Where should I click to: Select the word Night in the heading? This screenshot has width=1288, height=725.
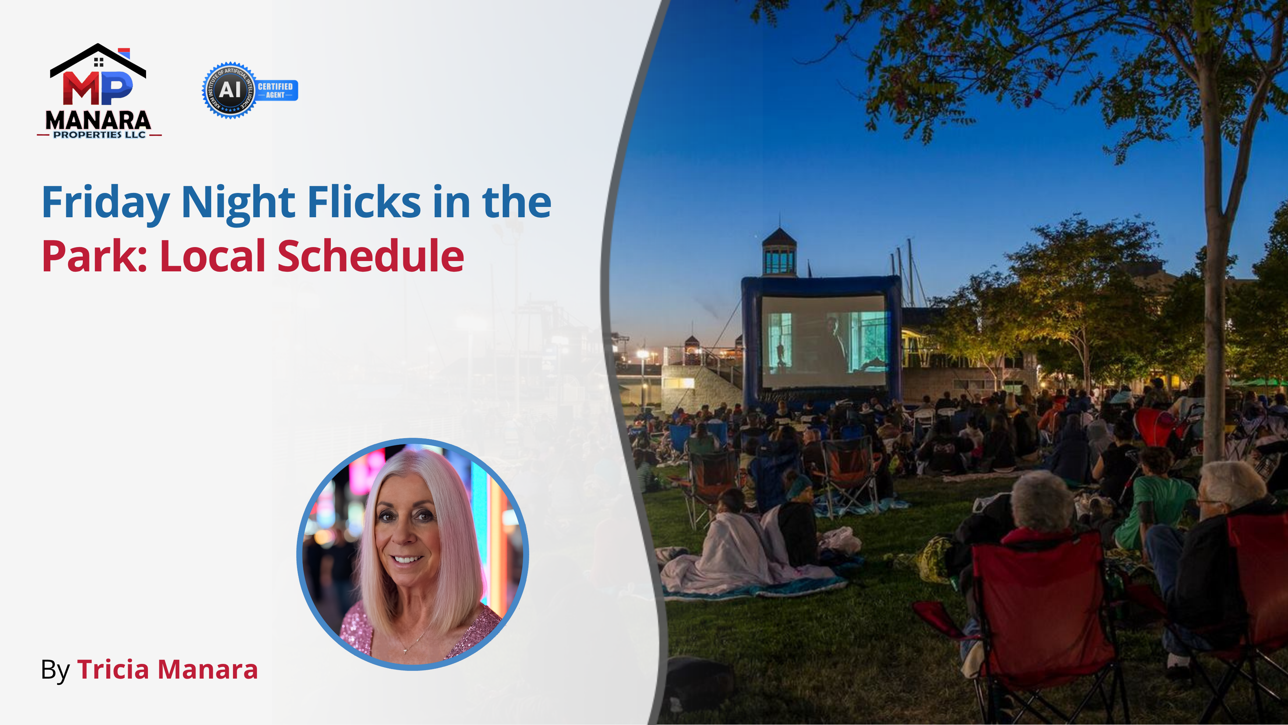(238, 202)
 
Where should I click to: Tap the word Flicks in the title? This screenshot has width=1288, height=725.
(364, 202)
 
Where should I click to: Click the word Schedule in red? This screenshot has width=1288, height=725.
(371, 256)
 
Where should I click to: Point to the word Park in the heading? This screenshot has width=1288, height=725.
(93, 256)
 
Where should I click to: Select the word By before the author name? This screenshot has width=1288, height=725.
(55, 671)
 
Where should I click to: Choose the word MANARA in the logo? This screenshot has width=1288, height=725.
(98, 120)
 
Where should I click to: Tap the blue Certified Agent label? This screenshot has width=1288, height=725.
(276, 91)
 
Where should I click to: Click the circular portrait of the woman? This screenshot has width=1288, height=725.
(413, 554)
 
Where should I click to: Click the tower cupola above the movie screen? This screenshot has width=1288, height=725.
(779, 253)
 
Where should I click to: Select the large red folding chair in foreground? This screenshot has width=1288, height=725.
(1040, 605)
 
